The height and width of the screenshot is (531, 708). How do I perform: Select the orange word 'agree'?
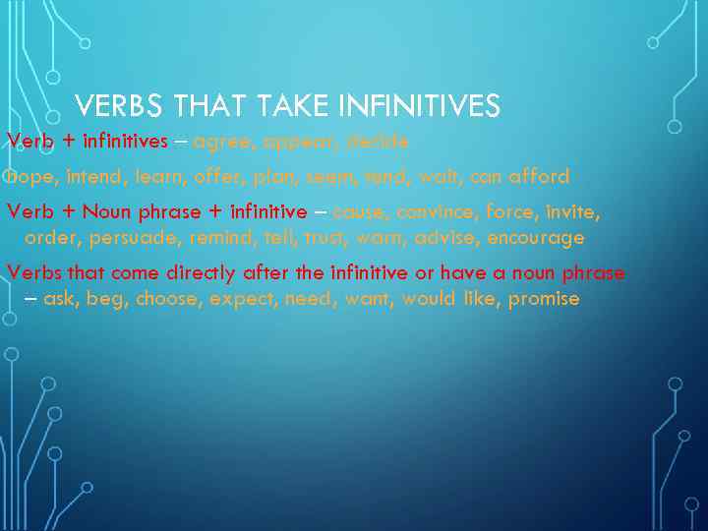tap(221, 142)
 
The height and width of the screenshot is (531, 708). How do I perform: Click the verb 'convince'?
tap(432, 212)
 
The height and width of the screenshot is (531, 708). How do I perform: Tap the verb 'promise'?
tap(544, 299)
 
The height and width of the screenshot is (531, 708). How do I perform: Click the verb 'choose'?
tap(168, 299)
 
